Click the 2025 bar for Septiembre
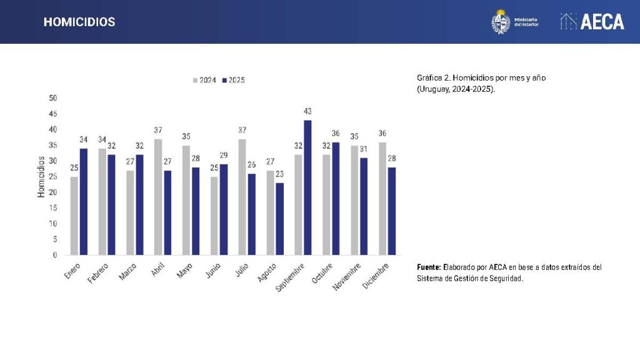(x=307, y=187)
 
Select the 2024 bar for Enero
(x=74, y=216)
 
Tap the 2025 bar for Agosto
(x=279, y=219)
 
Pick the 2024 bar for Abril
(x=158, y=197)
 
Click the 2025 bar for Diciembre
(x=391, y=211)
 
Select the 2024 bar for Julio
(x=242, y=197)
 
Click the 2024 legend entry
(x=204, y=80)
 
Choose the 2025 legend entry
(x=233, y=80)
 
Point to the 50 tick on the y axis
(x=52, y=98)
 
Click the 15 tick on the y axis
(x=52, y=208)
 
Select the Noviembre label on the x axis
(x=346, y=276)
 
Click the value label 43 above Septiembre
(x=307, y=111)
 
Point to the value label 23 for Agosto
(x=279, y=174)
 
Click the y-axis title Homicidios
(x=41, y=177)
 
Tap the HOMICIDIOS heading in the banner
(x=79, y=22)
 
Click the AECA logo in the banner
(x=592, y=22)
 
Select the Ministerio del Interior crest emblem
(x=501, y=22)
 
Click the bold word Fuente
(x=429, y=267)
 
